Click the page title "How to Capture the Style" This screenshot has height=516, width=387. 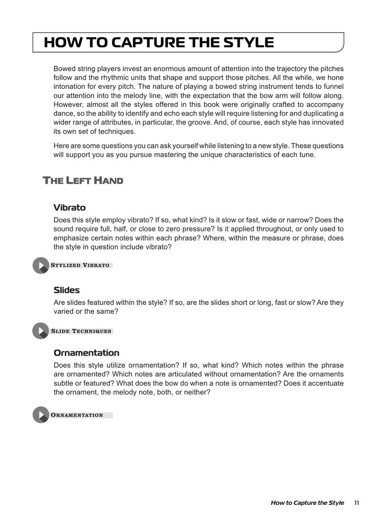point(159,43)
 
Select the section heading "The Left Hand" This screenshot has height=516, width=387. point(83,181)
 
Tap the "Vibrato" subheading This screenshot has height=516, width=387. point(69,207)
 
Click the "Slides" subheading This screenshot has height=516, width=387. point(67,290)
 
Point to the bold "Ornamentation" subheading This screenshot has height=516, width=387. point(86,353)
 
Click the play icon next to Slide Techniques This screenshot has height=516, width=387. point(41,331)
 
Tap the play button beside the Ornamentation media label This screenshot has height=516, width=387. point(41,415)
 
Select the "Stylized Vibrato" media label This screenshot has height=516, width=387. point(80,265)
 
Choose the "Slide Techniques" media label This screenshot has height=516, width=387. point(81,331)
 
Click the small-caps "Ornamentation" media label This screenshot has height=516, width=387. point(77,415)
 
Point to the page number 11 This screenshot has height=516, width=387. point(357,503)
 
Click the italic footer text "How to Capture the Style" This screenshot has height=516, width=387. point(307,503)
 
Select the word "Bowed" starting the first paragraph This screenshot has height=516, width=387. point(64,69)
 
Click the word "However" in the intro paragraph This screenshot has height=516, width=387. point(69,104)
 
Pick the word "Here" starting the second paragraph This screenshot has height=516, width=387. point(61,146)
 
